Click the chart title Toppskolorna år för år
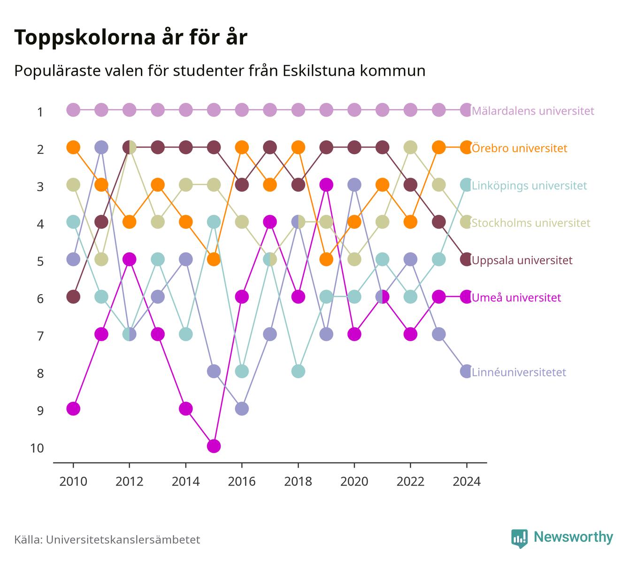[x=130, y=37]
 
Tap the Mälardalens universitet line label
[x=533, y=110]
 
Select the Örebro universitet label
[x=520, y=148]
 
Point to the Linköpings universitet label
[x=529, y=186]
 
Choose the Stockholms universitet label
[x=531, y=223]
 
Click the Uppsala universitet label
[x=522, y=260]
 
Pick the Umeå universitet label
[x=516, y=297]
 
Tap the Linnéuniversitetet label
[x=519, y=372]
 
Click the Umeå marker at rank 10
[x=214, y=446]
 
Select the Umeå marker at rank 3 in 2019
[x=326, y=185]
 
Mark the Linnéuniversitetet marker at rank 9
[x=242, y=409]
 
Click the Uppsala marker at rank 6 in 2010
[x=73, y=297]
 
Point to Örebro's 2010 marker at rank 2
[x=73, y=147]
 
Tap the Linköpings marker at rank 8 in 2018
[x=298, y=371]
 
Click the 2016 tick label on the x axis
[x=242, y=482]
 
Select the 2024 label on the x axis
[x=466, y=482]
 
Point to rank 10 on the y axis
[x=37, y=448]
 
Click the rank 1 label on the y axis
[x=40, y=112]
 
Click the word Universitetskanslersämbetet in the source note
[x=123, y=540]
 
